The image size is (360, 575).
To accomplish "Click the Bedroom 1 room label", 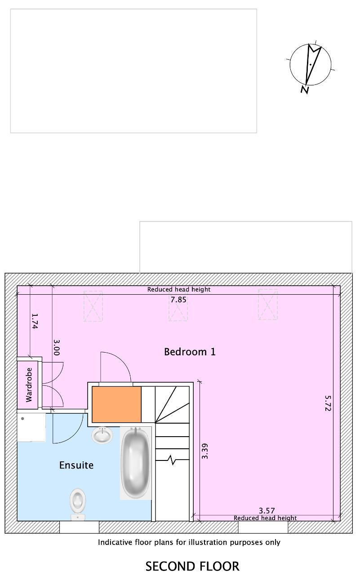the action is [x=190, y=352].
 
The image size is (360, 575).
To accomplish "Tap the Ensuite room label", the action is [x=76, y=465].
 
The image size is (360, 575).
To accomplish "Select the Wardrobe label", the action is [x=29, y=385].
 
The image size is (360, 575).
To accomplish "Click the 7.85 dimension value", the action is [x=178, y=300].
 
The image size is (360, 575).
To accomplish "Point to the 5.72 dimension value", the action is [x=328, y=403].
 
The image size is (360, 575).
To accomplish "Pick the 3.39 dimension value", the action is [x=204, y=451].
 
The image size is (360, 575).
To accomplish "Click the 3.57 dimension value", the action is [x=267, y=511].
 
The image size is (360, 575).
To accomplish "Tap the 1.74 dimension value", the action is [x=35, y=321].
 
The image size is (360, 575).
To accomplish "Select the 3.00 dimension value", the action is [x=57, y=348].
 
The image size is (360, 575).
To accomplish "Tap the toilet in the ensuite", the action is [x=78, y=504].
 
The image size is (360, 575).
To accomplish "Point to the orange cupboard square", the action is [x=116, y=404].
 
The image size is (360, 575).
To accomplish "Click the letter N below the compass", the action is [x=305, y=90].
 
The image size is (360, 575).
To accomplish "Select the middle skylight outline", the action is [x=178, y=306].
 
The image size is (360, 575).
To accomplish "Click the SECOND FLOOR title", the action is [x=192, y=566].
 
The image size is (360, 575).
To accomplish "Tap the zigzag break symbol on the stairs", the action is [x=173, y=460].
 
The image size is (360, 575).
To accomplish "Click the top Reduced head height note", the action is [x=179, y=290].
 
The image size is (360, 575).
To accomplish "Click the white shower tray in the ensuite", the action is [x=31, y=427].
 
